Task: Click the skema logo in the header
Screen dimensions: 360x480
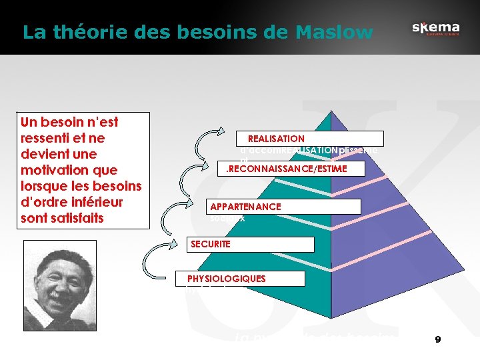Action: [435, 29]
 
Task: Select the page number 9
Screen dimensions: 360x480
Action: [437, 339]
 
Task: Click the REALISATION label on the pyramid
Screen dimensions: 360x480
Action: [276, 139]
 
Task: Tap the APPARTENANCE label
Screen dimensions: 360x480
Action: [245, 207]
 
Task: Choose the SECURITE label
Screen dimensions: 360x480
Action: [210, 244]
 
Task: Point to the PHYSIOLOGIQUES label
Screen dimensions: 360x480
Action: [227, 279]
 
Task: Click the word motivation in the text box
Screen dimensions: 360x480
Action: [59, 170]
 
